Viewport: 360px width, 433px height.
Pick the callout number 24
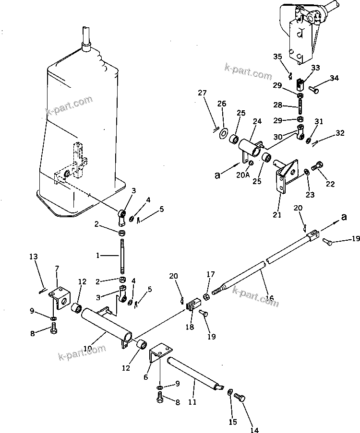point(257,122)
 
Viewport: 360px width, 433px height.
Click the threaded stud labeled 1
point(122,256)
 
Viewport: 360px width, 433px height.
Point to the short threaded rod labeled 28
point(301,105)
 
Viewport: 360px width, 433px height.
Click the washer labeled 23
point(306,172)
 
